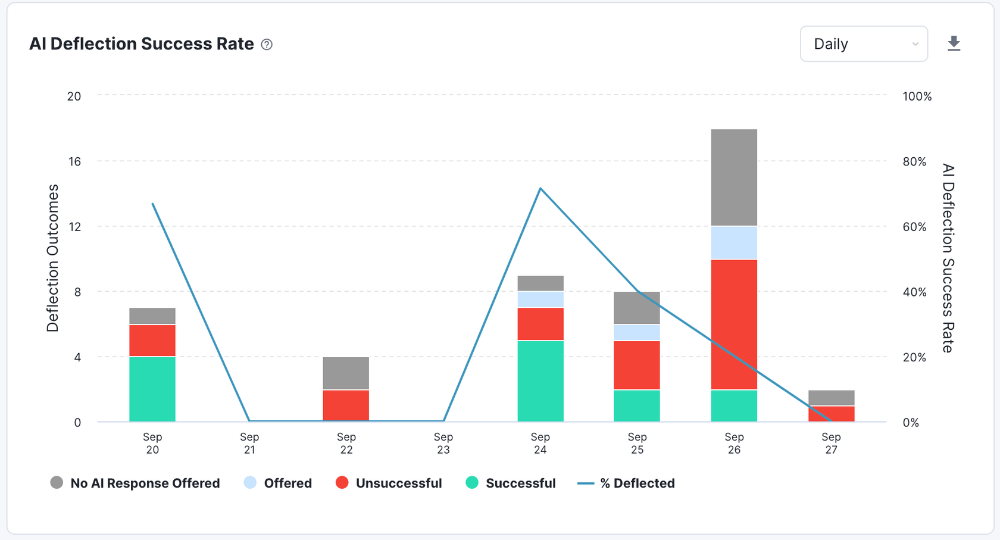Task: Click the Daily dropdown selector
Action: [863, 44]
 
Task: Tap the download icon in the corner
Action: [954, 43]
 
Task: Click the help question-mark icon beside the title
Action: [267, 45]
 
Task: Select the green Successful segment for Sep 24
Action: [540, 381]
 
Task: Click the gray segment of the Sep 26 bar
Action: [734, 177]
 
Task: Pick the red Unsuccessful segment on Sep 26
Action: [734, 324]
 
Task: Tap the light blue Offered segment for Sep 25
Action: [637, 332]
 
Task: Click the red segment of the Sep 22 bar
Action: [346, 405]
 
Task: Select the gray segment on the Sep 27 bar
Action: [831, 398]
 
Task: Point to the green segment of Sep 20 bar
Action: [152, 389]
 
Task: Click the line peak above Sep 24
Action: [540, 189]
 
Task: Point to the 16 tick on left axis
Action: [74, 161]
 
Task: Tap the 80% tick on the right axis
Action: [914, 161]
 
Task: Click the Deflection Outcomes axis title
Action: [53, 258]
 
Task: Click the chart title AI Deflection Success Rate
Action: [142, 44]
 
